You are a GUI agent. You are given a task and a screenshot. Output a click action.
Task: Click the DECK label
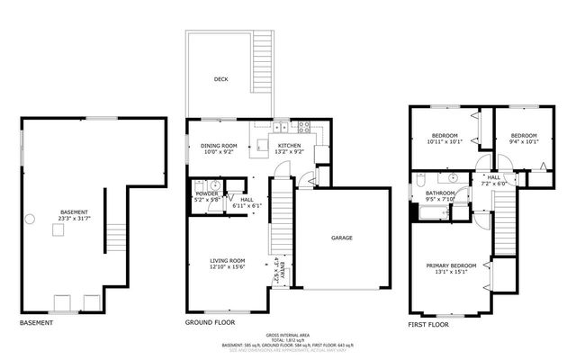tap(220, 79)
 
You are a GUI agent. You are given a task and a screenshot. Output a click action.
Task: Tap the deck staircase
tap(263, 76)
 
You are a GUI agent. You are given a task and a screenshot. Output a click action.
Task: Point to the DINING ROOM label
tap(219, 146)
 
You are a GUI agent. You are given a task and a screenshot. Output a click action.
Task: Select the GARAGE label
tap(341, 238)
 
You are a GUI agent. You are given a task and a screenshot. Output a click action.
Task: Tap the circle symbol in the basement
tap(30, 216)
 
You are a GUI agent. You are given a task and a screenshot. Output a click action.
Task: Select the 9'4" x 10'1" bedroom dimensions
tap(521, 141)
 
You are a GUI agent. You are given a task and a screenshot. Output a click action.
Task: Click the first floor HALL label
tap(494, 177)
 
